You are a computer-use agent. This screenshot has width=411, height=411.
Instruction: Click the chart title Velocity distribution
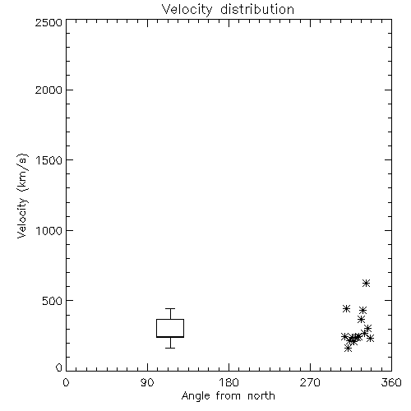pos(228,9)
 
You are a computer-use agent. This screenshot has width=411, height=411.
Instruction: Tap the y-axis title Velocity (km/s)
pos(22,196)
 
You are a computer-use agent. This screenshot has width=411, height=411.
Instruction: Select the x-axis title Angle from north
pos(229,396)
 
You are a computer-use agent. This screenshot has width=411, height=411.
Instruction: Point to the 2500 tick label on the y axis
pos(48,22)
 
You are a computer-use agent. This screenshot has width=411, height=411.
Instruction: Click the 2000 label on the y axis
pos(48,90)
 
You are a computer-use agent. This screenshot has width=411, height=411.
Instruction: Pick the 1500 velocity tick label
pos(49,160)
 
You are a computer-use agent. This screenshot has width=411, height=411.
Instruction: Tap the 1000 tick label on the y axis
pos(49,230)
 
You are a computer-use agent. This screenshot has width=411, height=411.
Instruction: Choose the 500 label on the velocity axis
pos(53,301)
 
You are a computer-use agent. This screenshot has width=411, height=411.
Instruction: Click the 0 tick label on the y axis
pos(59,367)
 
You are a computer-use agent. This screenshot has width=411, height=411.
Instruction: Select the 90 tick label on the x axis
pos(147,382)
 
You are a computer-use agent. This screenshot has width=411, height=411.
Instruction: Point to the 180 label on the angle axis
pos(229,382)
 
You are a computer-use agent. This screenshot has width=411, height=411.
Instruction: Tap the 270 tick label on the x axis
pos(310,382)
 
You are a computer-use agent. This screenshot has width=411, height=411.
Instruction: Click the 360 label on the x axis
pos(391,382)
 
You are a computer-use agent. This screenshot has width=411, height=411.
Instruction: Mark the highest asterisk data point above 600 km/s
pos(366,283)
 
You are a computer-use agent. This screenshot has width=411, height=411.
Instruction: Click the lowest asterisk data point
pos(348,349)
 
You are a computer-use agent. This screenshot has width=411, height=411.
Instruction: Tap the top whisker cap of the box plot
pos(170,309)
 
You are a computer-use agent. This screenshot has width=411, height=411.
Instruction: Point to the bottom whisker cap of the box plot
pos(170,348)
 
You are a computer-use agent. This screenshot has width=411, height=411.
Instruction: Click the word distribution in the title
pos(257,9)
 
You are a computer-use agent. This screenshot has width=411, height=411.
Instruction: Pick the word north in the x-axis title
pos(261,396)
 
